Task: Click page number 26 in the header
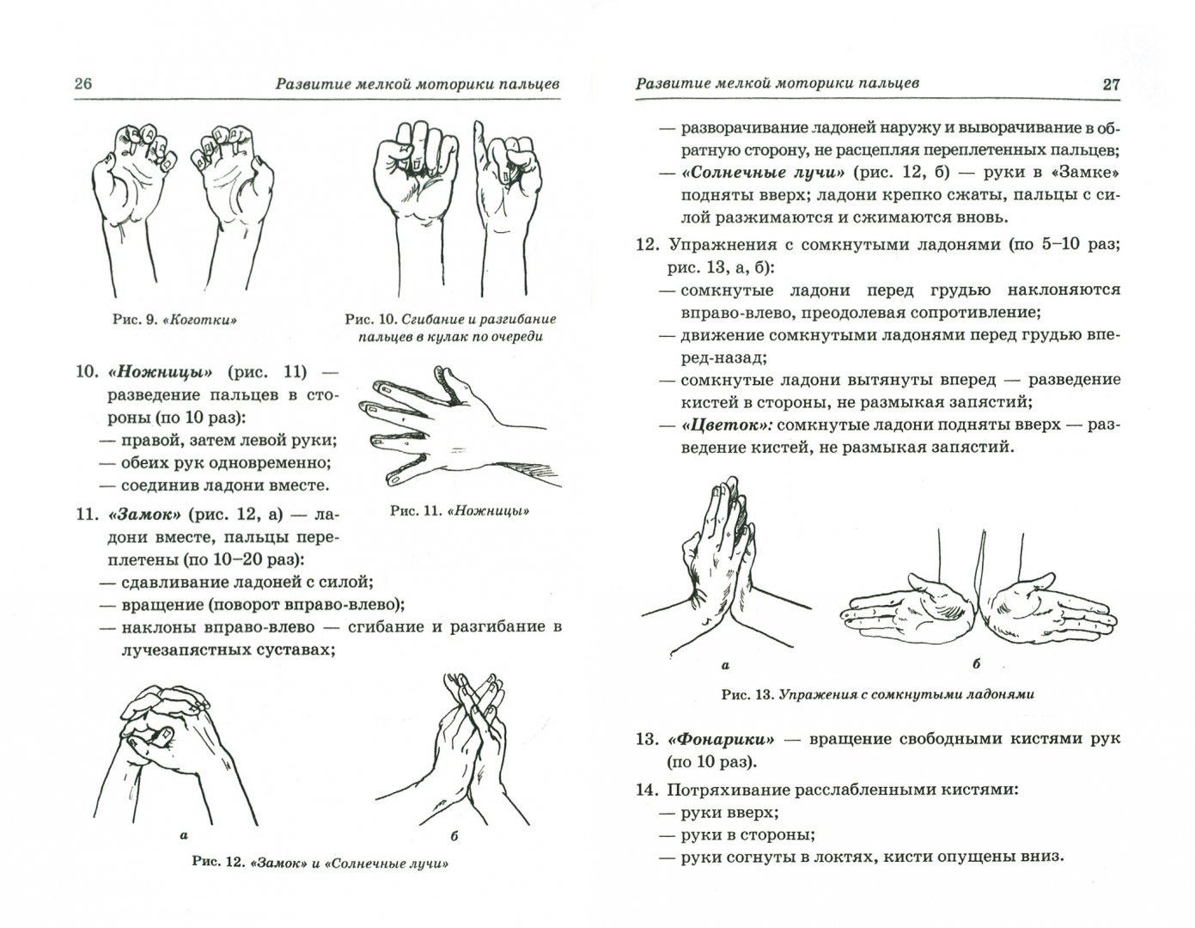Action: click(83, 84)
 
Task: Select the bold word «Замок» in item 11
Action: click(137, 516)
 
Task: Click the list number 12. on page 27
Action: click(651, 244)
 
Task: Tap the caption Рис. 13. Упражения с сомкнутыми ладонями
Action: click(877, 695)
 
